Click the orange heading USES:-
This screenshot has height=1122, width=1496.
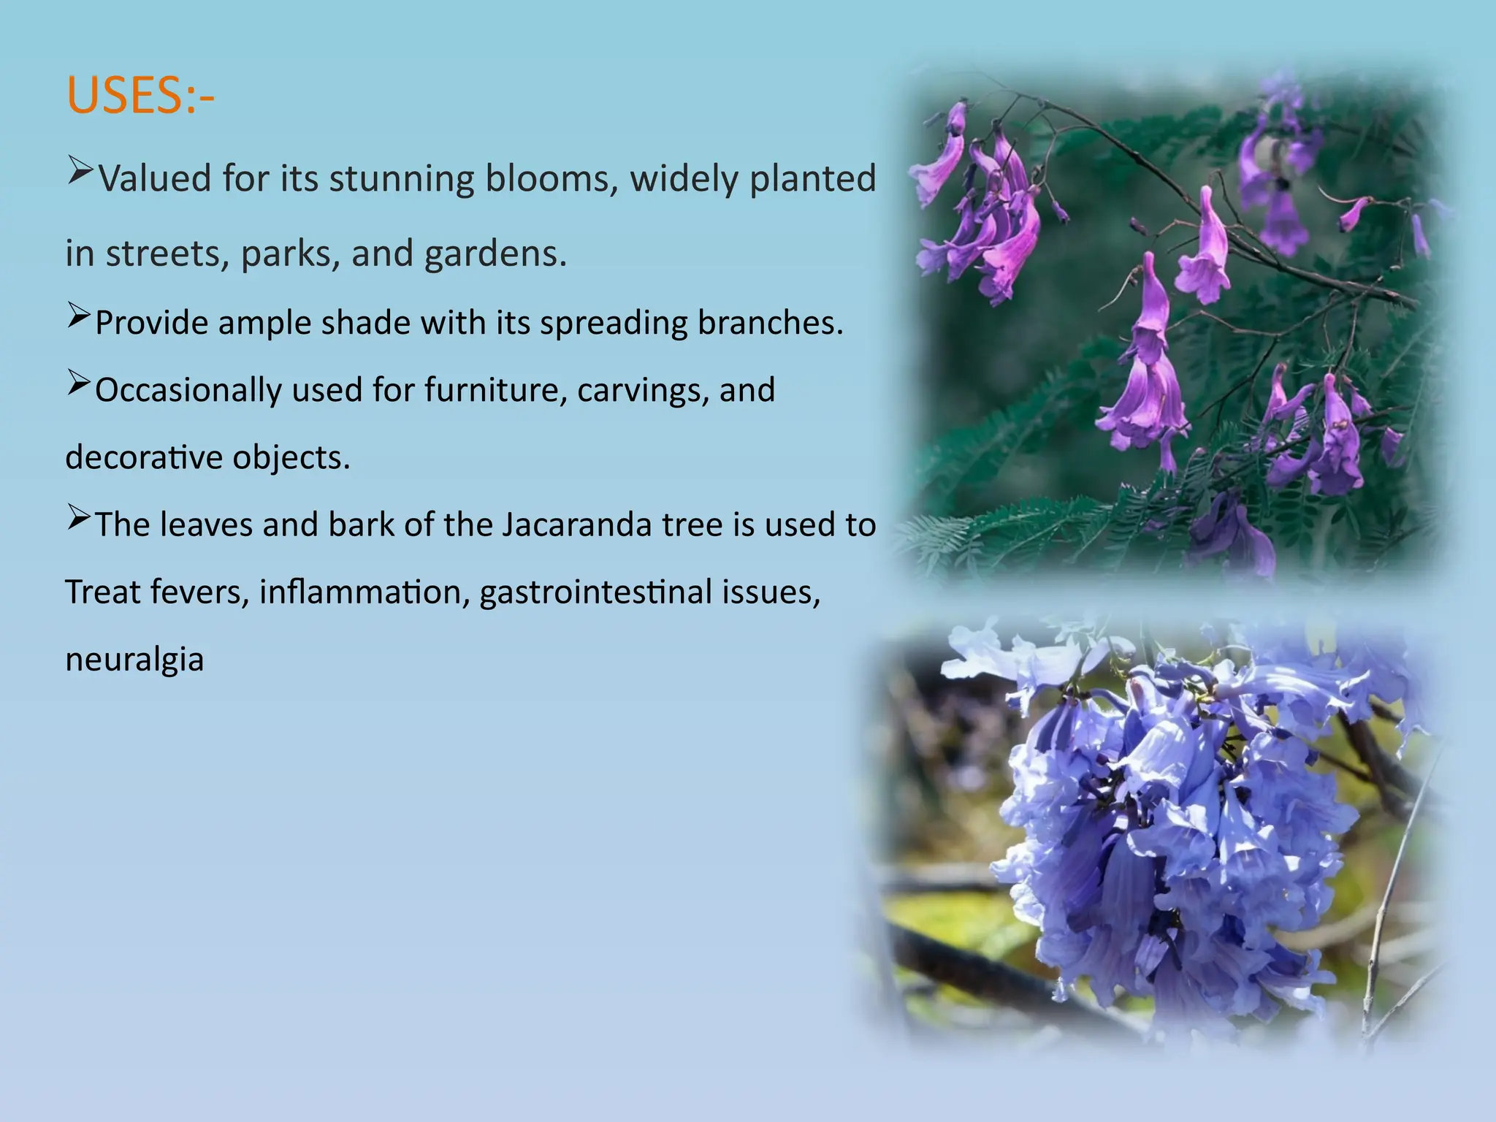tap(140, 96)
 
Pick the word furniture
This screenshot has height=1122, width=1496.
tap(496, 390)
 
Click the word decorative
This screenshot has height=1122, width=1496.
tap(144, 457)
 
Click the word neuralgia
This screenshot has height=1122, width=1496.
tap(134, 660)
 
